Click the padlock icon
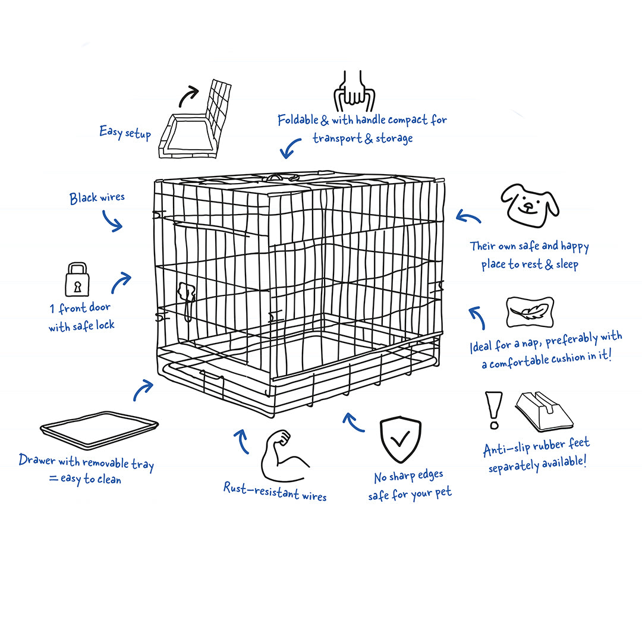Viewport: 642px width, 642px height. pos(77,279)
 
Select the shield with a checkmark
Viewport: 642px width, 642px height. pos(400,439)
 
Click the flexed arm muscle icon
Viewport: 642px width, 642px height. pos(283,455)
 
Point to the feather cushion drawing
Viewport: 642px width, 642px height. pos(530,312)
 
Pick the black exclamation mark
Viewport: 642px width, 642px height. pos(494,410)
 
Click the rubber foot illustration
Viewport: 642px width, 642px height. pos(544,411)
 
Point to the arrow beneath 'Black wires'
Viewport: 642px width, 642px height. pos(112,221)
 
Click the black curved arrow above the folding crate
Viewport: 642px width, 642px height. pos(188,96)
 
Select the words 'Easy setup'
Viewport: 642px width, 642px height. pos(125,133)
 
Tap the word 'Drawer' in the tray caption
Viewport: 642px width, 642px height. pos(37,460)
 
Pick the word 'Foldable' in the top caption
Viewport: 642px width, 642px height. pos(298,120)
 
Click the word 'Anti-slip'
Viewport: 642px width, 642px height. pos(506,449)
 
